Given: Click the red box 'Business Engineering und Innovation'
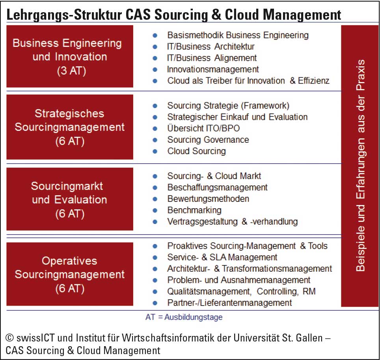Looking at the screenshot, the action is coord(70,56).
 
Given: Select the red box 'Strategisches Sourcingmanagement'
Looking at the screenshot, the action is coord(70,127).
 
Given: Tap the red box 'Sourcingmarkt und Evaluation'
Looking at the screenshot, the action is coord(70,199).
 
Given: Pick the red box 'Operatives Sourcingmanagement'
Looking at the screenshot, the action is coord(70,274).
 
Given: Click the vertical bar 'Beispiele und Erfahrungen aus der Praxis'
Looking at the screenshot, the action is coord(360,166).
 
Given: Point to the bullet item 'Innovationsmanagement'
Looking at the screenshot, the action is coord(213,69).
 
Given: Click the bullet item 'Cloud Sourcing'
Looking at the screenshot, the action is coord(197,151).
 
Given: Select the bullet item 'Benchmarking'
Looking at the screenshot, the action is coord(194,210).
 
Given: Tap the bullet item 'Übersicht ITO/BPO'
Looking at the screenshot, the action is coord(203,128).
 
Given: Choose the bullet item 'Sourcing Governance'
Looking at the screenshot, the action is coord(208,140).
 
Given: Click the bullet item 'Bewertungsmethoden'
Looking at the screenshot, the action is coord(208,199).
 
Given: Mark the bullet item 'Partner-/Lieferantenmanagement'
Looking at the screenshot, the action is coord(229,303).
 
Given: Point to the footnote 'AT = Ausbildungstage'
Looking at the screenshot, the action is coord(184,317).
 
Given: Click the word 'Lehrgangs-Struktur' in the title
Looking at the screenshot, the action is coord(64,15).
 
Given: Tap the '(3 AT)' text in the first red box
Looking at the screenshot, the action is coord(71,71).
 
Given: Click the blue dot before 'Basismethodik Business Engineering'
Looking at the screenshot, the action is coord(155,35).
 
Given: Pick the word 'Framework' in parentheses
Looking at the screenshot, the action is coord(265,106).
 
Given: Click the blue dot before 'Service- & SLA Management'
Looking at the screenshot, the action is coord(155,257).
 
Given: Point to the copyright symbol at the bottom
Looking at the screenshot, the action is coord(9,338).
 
